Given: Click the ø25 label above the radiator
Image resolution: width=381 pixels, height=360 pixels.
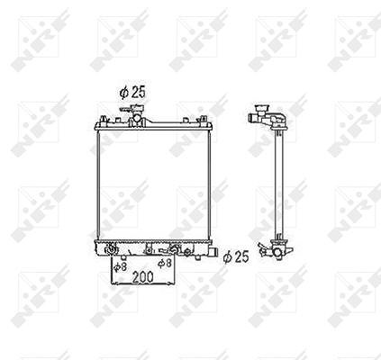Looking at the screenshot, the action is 132,92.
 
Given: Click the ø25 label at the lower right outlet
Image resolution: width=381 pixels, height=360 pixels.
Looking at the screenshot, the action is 236,256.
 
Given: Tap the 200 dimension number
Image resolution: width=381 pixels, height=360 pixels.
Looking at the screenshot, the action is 142,276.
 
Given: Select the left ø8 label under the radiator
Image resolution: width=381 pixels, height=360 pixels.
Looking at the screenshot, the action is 120,266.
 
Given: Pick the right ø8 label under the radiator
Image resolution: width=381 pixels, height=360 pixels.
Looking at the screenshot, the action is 165,263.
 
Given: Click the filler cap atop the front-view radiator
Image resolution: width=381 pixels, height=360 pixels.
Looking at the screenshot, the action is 138,108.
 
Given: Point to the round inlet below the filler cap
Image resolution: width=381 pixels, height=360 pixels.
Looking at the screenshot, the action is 137,118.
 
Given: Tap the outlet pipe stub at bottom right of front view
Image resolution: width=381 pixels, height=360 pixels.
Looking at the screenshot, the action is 213,252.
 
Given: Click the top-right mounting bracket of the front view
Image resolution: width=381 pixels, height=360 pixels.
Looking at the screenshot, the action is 204,119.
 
